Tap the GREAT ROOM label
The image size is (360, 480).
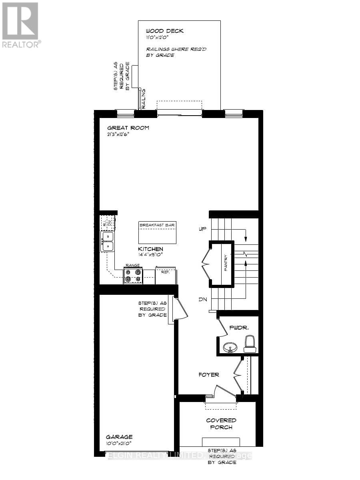coord(128,128)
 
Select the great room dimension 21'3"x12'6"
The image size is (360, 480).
coord(118,134)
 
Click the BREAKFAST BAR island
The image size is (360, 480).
coord(157,232)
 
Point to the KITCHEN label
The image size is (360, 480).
coord(150,249)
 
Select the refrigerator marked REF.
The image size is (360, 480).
coord(165,276)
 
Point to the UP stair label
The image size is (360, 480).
coord(202,229)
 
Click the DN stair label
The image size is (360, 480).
coord(202,299)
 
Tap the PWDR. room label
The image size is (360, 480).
coord(239,328)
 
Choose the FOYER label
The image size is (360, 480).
coord(209,375)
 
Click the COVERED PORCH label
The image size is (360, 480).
coord(221,424)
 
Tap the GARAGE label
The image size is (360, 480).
coord(119,437)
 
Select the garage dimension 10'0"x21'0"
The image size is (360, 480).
coord(119,443)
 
